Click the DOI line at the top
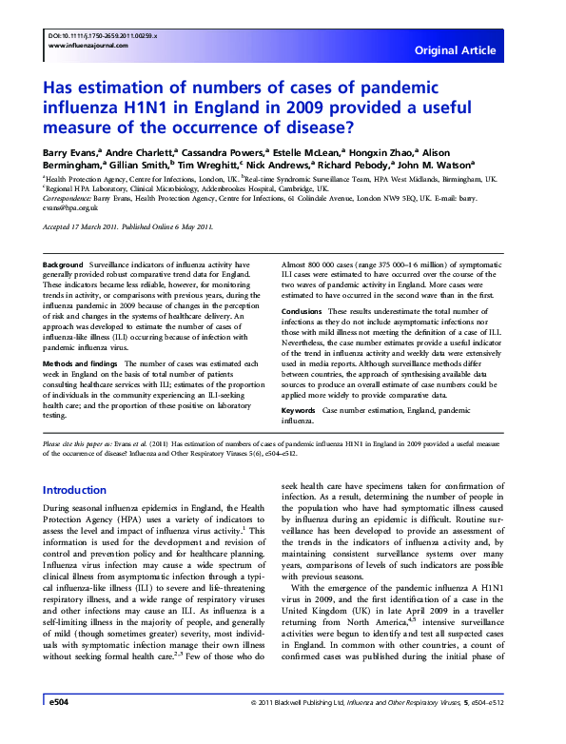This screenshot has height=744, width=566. [x=102, y=35]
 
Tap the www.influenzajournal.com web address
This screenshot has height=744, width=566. [x=89, y=47]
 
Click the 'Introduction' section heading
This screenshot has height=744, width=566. [x=81, y=490]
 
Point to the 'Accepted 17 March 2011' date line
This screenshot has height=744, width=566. [x=88, y=226]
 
